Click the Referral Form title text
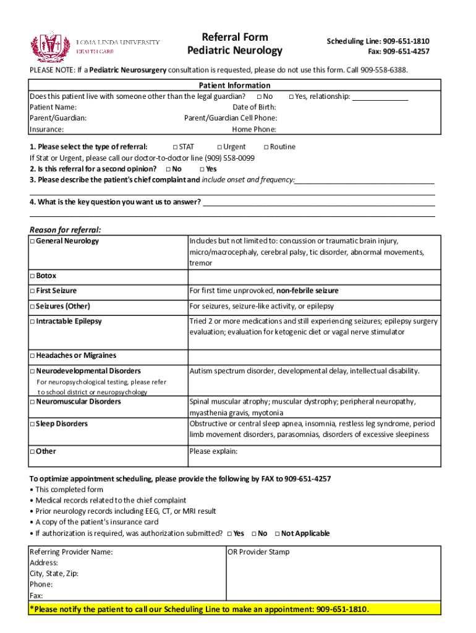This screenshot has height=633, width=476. (234, 37)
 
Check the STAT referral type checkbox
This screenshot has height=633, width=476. (175, 147)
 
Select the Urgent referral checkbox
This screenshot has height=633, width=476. (219, 147)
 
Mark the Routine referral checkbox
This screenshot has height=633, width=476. (266, 147)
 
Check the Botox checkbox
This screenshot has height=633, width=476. (32, 276)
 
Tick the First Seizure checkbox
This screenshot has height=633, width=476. (32, 291)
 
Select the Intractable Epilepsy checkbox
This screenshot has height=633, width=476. (32, 321)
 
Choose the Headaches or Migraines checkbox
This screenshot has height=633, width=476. (32, 355)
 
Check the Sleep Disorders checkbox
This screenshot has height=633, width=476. (32, 424)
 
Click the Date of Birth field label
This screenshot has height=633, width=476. (254, 108)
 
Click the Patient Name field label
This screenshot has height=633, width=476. (53, 108)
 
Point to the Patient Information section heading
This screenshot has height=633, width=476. (234, 85)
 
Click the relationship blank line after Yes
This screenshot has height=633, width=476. (380, 97)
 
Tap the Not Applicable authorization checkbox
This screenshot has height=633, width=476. (277, 533)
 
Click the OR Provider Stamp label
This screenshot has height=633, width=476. (258, 552)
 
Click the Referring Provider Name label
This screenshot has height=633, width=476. (71, 552)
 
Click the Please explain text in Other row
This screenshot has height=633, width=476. (213, 451)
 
